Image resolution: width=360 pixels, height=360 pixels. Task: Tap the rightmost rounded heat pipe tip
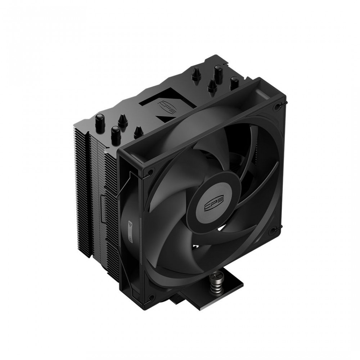[235, 81]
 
